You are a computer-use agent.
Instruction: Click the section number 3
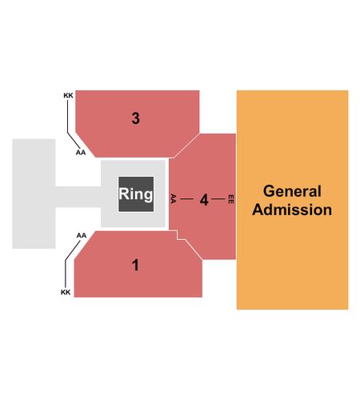pos(135,118)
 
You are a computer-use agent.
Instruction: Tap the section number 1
pos(135,265)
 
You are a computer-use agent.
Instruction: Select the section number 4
pos(204,200)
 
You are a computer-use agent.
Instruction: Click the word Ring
pos(136,194)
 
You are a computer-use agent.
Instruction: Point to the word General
pos(292,191)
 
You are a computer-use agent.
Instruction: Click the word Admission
pos(292,210)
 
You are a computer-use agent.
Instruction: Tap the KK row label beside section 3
pos(68,95)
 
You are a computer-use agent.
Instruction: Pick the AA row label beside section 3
pos(81,152)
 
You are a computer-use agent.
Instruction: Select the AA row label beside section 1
pos(82,235)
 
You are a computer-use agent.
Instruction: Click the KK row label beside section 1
pos(66,292)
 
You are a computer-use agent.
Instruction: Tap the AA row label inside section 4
pos(174,198)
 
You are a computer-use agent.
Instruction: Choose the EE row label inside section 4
pos(231,199)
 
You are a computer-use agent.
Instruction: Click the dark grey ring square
pos(136,194)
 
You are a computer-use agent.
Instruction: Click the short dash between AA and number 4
pos(186,199)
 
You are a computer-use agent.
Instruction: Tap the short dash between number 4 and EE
pos(218,199)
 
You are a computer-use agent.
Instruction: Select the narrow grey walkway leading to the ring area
pos(78,197)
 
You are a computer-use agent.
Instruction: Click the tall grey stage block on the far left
pos(34,194)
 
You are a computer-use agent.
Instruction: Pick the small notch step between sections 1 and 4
pos(181,235)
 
